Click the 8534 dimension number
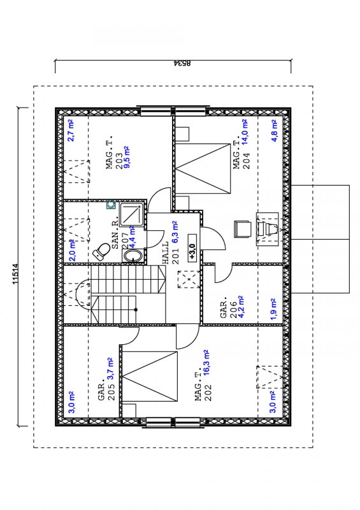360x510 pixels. [x=182, y=63]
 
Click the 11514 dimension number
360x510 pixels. [x=15, y=274]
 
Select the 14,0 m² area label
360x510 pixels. [x=245, y=132]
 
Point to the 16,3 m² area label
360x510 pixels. [x=206, y=363]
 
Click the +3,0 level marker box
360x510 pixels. [x=192, y=252]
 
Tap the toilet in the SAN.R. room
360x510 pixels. [x=101, y=251]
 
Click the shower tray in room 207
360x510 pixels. [x=132, y=214]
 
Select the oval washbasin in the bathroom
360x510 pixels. [x=133, y=256]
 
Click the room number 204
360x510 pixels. [x=247, y=161]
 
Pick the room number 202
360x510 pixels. [x=208, y=393]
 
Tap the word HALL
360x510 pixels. [x=165, y=252]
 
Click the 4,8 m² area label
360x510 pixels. [x=275, y=131]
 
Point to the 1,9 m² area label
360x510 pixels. [x=273, y=309]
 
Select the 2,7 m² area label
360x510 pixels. [x=71, y=130]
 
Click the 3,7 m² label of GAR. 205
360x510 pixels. [x=111, y=369]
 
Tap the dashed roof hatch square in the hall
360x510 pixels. [x=189, y=279]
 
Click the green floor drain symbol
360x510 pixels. [x=111, y=204]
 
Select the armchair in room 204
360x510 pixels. [x=243, y=229]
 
